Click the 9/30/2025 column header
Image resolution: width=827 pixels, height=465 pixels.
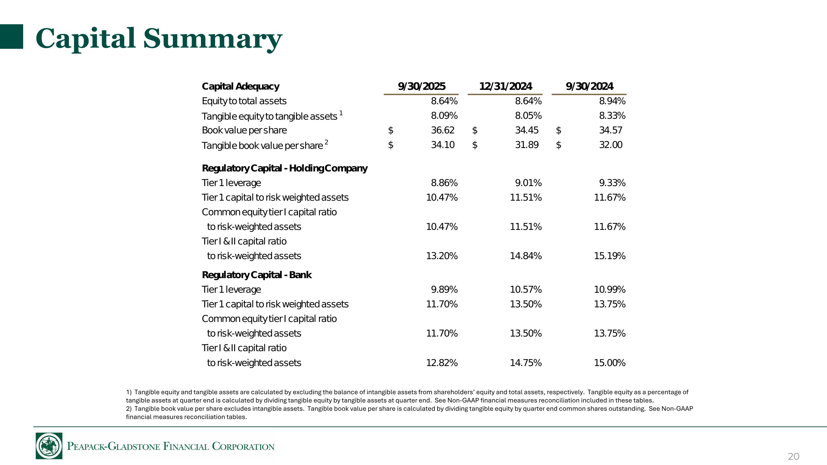(x=421, y=86)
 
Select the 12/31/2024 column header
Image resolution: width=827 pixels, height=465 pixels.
(x=505, y=86)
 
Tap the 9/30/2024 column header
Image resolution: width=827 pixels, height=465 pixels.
(x=589, y=86)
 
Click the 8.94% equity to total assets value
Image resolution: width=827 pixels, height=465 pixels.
(x=612, y=101)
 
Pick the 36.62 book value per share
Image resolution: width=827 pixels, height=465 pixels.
(x=442, y=130)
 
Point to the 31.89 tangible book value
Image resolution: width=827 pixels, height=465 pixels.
(x=527, y=145)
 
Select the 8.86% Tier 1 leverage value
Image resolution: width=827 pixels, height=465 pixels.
(x=444, y=183)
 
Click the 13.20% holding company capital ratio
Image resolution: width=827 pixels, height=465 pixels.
(x=442, y=256)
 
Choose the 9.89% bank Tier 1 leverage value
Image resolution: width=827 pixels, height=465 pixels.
(x=444, y=289)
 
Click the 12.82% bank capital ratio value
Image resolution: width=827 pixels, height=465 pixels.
(x=442, y=363)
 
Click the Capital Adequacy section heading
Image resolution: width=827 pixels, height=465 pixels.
(x=240, y=86)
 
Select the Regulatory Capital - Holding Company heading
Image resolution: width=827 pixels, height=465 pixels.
(x=284, y=168)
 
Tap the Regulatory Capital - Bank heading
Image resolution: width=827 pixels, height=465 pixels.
(x=257, y=275)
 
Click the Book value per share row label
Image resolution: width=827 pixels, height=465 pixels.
(x=244, y=130)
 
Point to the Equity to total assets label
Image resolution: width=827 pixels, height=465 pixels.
(x=244, y=101)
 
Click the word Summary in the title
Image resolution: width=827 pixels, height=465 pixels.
(x=213, y=39)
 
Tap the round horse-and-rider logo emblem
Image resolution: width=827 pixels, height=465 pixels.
(x=49, y=446)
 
